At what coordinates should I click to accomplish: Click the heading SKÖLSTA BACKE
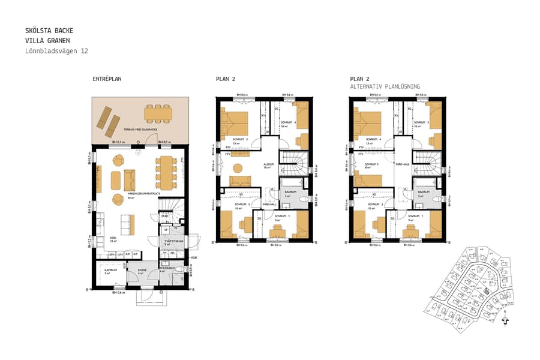pos(50,30)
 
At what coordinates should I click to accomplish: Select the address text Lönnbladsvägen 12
pos(57,52)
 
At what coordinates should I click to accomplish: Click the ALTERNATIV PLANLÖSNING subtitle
pos(385,87)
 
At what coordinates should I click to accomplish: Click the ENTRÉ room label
pos(142,271)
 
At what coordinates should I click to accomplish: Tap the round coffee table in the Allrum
pos(238,167)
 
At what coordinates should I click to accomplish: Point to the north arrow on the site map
pos(505,320)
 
